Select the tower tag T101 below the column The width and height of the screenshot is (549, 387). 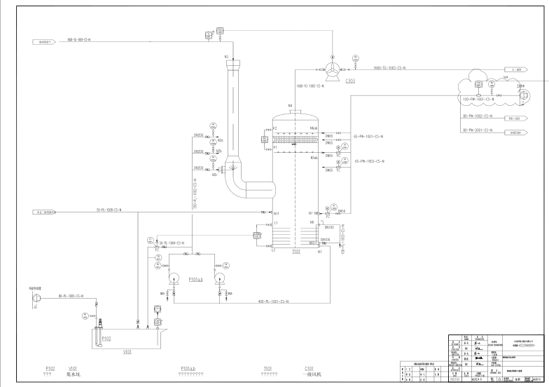coord(296,251)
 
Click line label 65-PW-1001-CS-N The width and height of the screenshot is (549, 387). coord(369,136)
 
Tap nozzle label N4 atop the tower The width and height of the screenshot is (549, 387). coord(290,106)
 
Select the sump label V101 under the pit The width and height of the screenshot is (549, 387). coord(108,353)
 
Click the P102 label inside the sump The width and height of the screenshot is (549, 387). coord(106,338)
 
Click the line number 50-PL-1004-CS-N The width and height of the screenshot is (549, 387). coord(172,242)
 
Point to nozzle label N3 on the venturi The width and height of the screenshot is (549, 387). coord(226,55)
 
